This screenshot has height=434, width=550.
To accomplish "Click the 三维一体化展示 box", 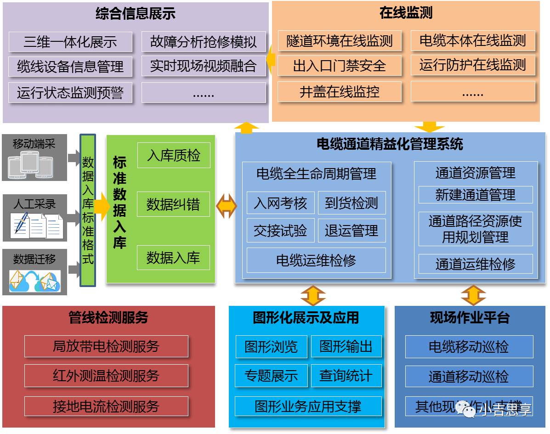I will click(x=70, y=42).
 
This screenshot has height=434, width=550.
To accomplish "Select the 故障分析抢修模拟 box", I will click(x=204, y=42).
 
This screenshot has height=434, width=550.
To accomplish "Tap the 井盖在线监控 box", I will click(x=339, y=91).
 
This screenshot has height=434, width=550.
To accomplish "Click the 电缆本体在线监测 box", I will click(x=472, y=41).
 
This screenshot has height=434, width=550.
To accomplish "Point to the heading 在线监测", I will click(x=406, y=13).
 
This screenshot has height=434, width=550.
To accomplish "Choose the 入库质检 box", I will click(x=174, y=155).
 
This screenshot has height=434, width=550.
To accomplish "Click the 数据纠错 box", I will click(x=174, y=204).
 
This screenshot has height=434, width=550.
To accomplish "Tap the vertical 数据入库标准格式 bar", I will click(x=88, y=210).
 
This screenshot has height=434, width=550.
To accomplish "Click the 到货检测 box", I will click(x=352, y=203).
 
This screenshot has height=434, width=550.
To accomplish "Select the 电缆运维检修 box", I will click(x=316, y=260).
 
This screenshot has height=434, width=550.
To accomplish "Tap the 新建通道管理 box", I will click(x=475, y=195).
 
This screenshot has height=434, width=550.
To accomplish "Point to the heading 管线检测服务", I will click(x=108, y=317).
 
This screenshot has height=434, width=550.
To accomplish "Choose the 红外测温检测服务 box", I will click(x=106, y=376).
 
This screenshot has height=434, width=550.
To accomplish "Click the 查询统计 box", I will click(x=346, y=375).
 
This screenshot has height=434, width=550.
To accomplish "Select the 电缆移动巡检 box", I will click(x=469, y=347).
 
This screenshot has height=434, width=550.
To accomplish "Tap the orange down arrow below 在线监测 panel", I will click(x=429, y=127).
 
